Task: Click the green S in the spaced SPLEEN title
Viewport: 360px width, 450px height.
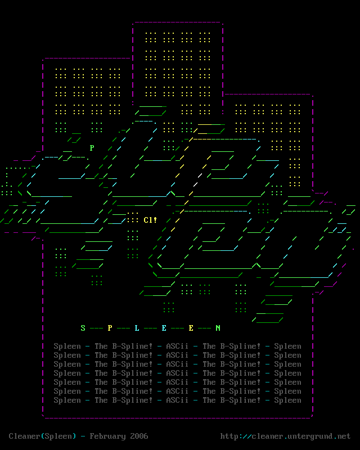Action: tap(83, 328)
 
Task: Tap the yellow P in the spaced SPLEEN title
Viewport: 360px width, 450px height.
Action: tap(110, 328)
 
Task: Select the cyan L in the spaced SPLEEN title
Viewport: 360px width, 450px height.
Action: tap(137, 328)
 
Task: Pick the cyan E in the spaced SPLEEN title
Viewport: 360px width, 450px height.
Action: tap(164, 328)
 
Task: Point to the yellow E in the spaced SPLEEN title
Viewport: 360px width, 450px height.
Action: tap(191, 328)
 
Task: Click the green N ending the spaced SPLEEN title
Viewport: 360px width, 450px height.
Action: tap(218, 328)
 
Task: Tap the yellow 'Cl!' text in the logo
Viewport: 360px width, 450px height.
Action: tap(150, 220)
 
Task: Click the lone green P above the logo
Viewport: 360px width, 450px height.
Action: tap(92, 148)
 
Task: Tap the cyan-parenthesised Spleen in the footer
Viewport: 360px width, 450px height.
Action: tap(58, 436)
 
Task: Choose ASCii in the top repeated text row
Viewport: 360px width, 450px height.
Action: tap(177, 346)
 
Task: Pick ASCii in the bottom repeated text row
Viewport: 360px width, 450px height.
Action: tap(177, 400)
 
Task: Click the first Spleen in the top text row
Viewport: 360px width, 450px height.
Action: tap(67, 346)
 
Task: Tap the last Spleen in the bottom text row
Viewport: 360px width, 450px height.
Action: tap(287, 400)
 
